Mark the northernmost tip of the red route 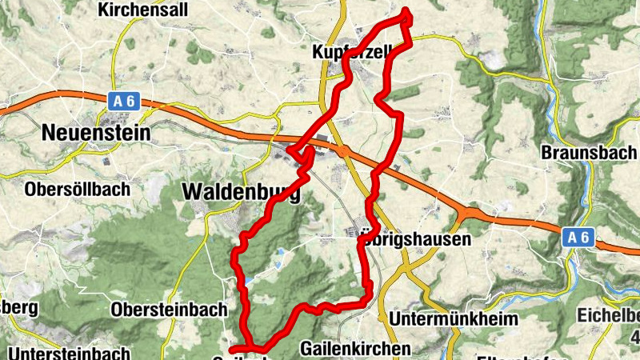[406, 10]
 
